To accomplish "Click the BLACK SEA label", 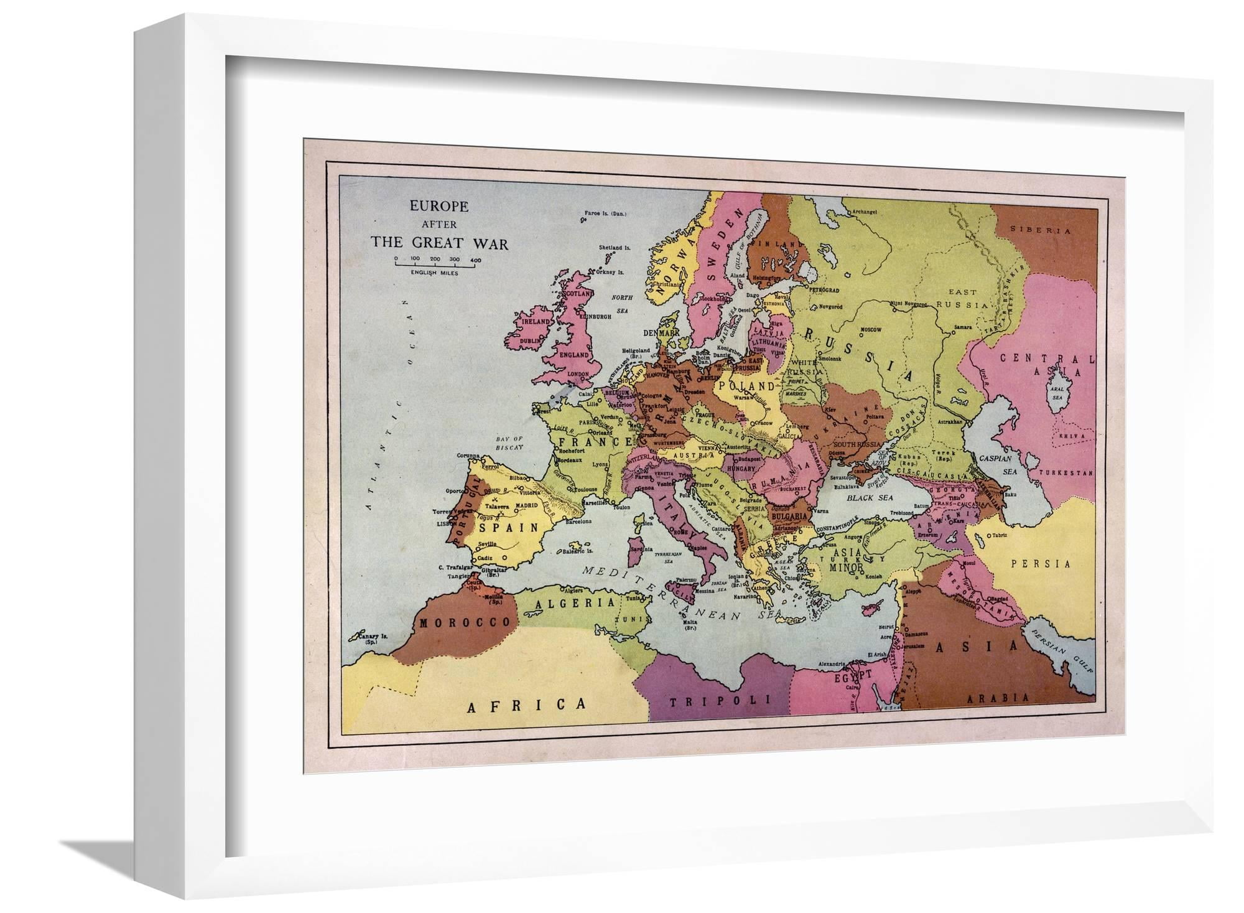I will (x=869, y=497).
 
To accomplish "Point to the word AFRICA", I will (x=528, y=705).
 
